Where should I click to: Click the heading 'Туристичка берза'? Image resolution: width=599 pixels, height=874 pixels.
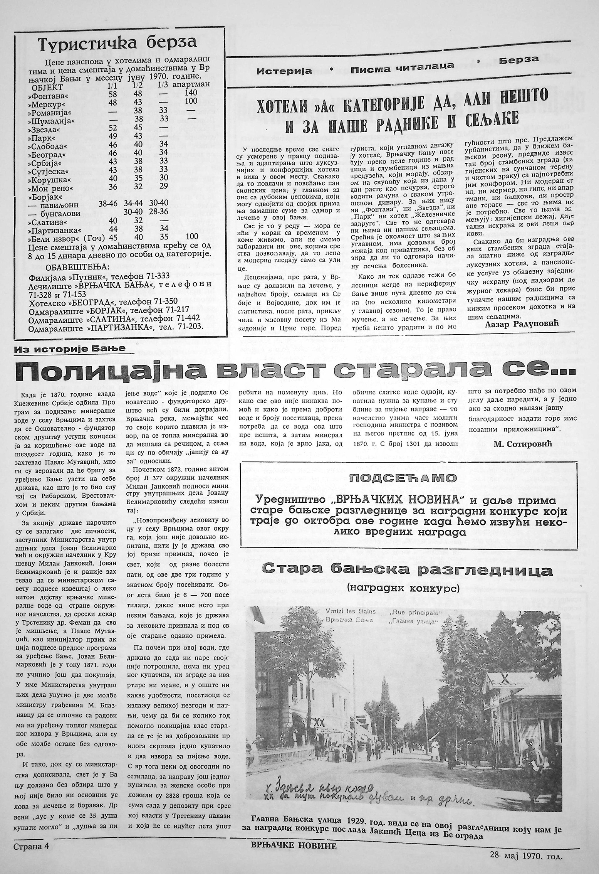[117, 45]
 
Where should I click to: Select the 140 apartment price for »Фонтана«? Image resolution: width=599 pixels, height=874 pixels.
[191, 93]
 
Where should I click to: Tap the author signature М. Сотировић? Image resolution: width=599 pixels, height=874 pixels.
[523, 444]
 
